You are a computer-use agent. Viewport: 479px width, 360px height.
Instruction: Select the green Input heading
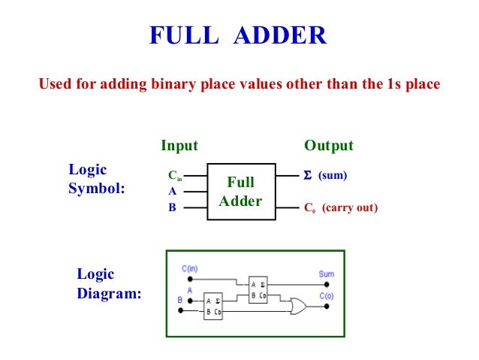point(179,145)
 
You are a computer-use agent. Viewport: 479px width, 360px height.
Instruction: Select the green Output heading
point(328,145)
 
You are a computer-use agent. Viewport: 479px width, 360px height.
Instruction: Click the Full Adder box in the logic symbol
point(241,192)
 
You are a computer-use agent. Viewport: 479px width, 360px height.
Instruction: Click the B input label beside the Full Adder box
point(172,207)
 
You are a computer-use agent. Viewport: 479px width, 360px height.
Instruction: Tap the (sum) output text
point(333,175)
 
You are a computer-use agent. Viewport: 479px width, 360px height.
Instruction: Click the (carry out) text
point(350,207)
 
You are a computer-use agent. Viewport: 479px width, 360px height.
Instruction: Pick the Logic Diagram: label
point(108,284)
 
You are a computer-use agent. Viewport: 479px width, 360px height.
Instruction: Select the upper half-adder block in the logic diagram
point(258,289)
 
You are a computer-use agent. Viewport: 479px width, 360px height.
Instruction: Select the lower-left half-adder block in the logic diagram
point(213,307)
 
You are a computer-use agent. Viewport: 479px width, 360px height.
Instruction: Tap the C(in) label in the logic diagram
point(190,268)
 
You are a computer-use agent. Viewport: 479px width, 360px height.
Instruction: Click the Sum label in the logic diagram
point(326,274)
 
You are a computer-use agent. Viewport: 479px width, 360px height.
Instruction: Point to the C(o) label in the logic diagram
point(327,295)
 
